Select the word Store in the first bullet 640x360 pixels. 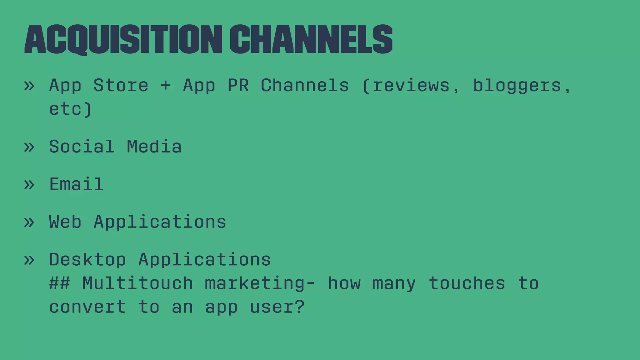pos(121,85)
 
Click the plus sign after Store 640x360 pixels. pos(166,85)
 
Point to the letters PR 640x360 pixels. pos(238,85)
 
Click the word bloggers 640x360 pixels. pos(517,86)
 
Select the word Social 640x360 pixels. pos(82,147)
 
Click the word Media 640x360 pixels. pos(154,147)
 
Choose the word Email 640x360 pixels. pos(76,184)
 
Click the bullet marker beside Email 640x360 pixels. pos(29,185)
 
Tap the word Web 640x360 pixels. pos(65,222)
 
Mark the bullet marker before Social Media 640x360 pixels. pos(29,147)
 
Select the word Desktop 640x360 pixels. pos(87,260)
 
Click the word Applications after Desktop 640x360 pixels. pos(205,260)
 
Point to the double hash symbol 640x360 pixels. pos(59,283)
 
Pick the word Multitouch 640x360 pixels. pos(137,283)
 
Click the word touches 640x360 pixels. pos(467,283)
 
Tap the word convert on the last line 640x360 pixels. pos(87,307)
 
